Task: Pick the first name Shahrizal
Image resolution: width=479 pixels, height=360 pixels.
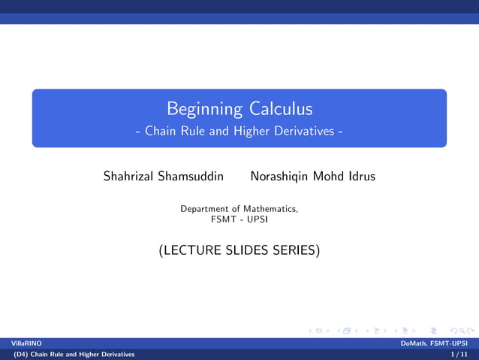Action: coord(129,177)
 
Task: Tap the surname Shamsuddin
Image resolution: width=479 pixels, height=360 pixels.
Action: coord(191,177)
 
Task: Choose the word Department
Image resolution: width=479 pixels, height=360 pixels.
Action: coord(205,208)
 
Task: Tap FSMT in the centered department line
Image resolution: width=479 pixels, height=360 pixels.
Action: coord(224,219)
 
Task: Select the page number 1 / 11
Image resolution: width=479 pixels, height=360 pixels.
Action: coord(459,353)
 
